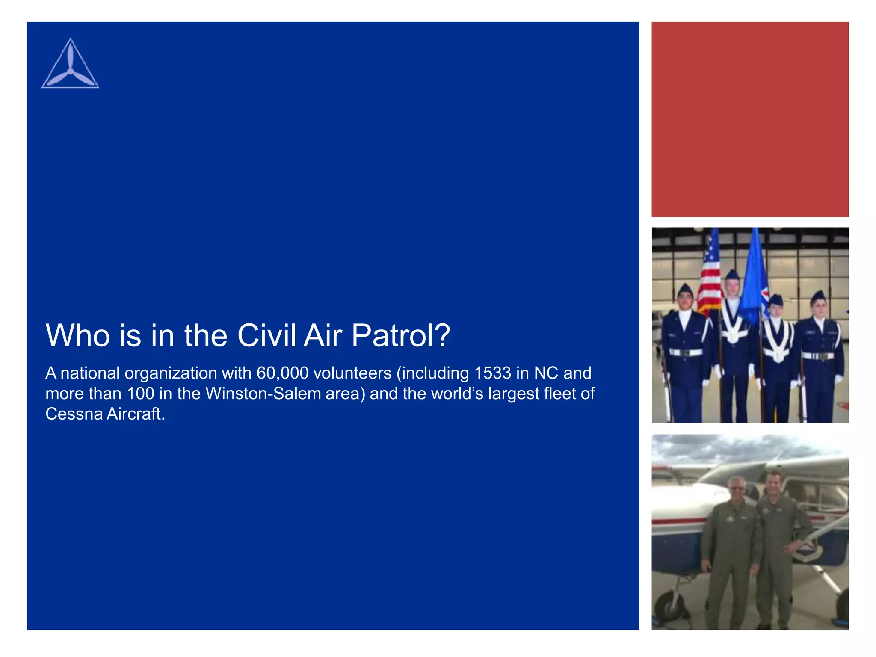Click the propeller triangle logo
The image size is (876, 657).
click(70, 65)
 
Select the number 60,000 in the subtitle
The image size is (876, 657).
click(282, 373)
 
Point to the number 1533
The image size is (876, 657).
click(492, 373)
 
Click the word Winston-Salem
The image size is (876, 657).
click(263, 394)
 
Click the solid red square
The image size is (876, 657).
click(750, 119)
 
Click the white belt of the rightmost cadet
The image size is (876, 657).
click(818, 356)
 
